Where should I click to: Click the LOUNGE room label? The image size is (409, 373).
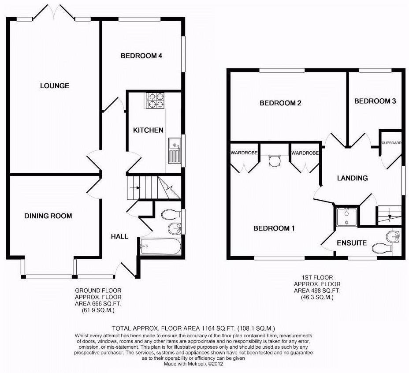coord(55,86)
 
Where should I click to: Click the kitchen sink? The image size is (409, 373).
coord(174,150)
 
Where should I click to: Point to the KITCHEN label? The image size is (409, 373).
coord(149,130)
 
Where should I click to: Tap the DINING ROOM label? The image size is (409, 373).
coord(48,216)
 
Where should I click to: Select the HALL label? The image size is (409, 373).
coord(119,236)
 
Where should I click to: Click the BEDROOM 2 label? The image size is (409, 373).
coord(280,103)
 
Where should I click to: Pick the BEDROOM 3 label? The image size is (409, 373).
coord(375,101)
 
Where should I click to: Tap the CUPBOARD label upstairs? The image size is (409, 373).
coord(391,143)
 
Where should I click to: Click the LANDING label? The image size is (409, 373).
coord(352,178)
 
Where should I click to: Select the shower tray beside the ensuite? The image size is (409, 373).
coord(346,217)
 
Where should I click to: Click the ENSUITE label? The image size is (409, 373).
coord(352,242)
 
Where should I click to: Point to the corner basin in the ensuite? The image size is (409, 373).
coord(393,237)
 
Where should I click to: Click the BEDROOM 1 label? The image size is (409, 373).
coord(274,228)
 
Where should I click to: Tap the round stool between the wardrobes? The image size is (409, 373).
coord(274,160)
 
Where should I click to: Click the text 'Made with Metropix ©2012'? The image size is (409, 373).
coord(193,364)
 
